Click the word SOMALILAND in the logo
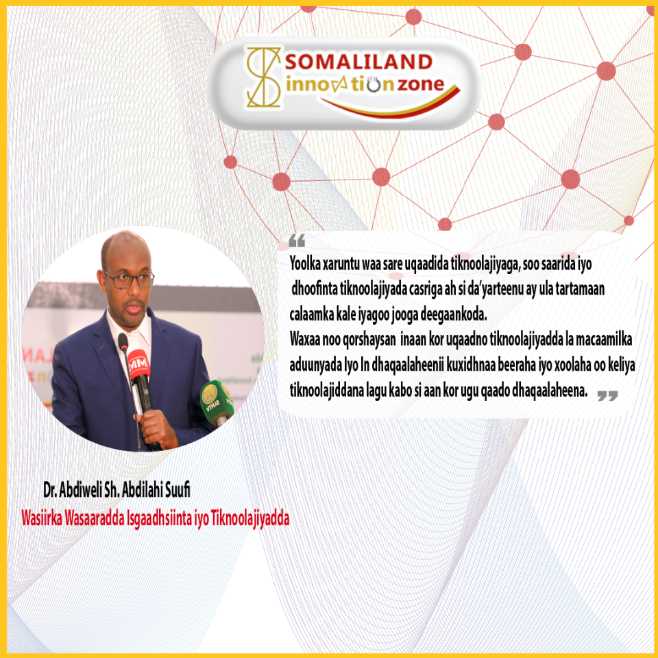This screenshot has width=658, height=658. click(x=358, y=62)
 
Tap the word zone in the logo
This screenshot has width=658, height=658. click(x=420, y=84)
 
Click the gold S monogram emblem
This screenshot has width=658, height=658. click(x=263, y=77)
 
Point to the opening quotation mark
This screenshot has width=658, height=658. click(x=297, y=241)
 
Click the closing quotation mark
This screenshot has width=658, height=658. click(x=607, y=395)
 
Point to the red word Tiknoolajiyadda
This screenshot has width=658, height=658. click(x=250, y=519)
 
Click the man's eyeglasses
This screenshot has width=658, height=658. click(x=128, y=280)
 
